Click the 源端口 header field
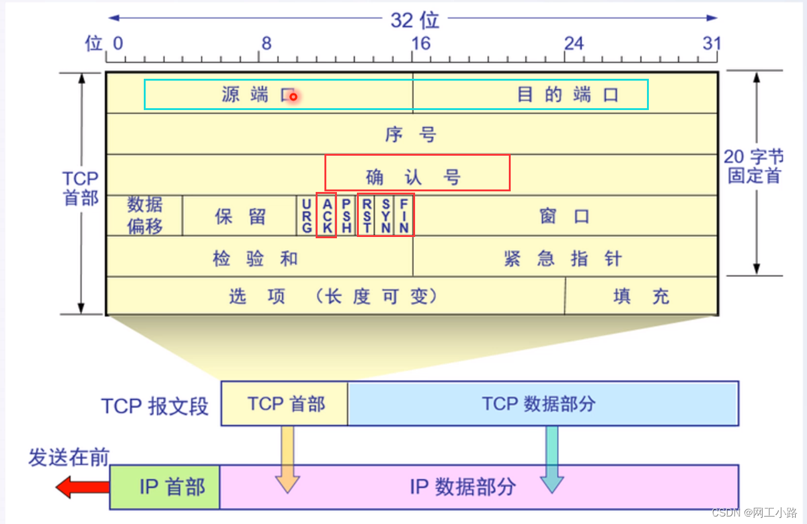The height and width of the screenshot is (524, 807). coord(253,94)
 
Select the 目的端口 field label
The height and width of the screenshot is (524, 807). coord(568,94)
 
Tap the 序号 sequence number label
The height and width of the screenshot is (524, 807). coord(411,134)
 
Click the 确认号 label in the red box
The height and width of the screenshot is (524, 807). coord(413,177)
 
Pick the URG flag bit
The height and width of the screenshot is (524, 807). coord(306,216)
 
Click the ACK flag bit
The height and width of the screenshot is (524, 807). coord(326,216)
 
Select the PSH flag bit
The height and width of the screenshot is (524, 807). coord(346,216)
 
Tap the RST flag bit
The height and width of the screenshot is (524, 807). coord(366,216)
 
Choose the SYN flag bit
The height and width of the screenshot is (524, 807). coord(386,216)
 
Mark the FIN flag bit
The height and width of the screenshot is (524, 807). coord(404,216)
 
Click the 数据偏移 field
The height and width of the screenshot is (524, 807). coord(145,216)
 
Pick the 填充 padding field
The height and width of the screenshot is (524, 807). coord(641,296)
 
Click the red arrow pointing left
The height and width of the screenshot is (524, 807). coord(81,486)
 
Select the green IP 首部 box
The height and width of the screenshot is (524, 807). coord(165,486)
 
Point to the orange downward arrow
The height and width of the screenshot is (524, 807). coord(288,460)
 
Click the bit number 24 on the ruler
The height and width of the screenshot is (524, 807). coord(574,43)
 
